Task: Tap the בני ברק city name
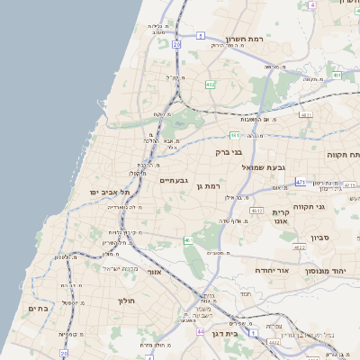tap(230, 152)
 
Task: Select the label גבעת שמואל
tap(264, 167)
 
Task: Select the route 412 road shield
tap(210, 85)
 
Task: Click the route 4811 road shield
tap(306, 115)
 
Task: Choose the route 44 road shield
tap(199, 331)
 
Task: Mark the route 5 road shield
tap(201, 36)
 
